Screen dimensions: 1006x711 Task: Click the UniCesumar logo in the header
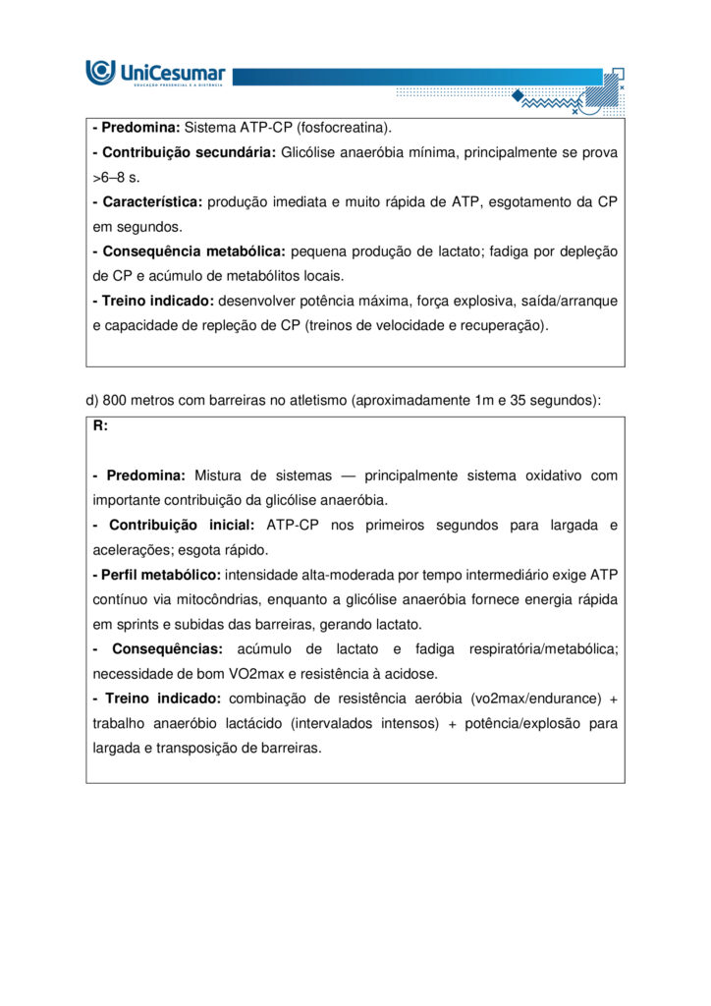coord(155,73)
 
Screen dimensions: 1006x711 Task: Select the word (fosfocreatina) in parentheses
coord(341,128)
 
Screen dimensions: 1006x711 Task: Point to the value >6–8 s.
coord(116,178)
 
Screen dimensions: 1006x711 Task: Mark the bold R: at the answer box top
coord(100,425)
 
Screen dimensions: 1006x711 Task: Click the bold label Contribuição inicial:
coord(181,526)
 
